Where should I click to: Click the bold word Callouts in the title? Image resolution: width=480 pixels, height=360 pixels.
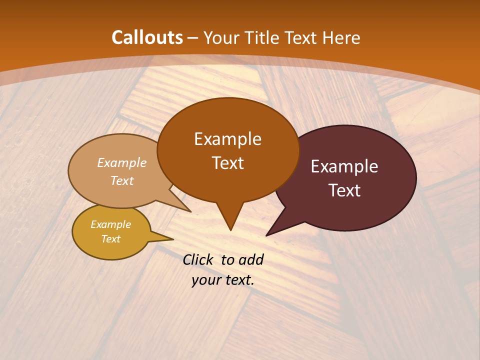pyautogui.click(x=147, y=37)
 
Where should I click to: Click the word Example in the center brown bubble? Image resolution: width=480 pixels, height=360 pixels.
pyautogui.click(x=227, y=139)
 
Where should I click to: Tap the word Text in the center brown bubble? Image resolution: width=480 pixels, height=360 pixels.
pyautogui.click(x=227, y=163)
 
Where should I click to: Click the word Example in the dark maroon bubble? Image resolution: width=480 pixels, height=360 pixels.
pyautogui.click(x=344, y=166)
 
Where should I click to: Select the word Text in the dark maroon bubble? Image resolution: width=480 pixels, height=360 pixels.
pyautogui.click(x=344, y=190)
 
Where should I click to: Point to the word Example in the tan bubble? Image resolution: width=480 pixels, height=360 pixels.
pyautogui.click(x=122, y=162)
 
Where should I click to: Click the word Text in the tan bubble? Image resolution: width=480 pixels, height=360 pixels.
pyautogui.click(x=122, y=180)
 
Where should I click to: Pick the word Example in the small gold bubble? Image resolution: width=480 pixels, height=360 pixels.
pyautogui.click(x=110, y=224)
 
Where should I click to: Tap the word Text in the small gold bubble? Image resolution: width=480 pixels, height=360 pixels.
pyautogui.click(x=110, y=239)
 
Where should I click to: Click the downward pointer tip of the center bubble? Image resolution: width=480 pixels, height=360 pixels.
pyautogui.click(x=230, y=229)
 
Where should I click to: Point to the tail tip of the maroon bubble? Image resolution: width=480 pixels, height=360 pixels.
pyautogui.click(x=267, y=235)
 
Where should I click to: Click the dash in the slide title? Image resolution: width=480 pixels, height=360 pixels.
pyautogui.click(x=193, y=38)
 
